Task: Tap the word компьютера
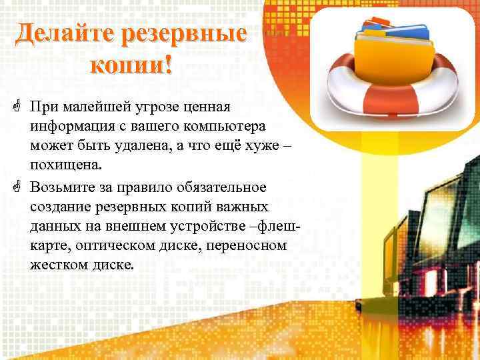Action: (230, 126)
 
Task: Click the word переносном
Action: (247, 245)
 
